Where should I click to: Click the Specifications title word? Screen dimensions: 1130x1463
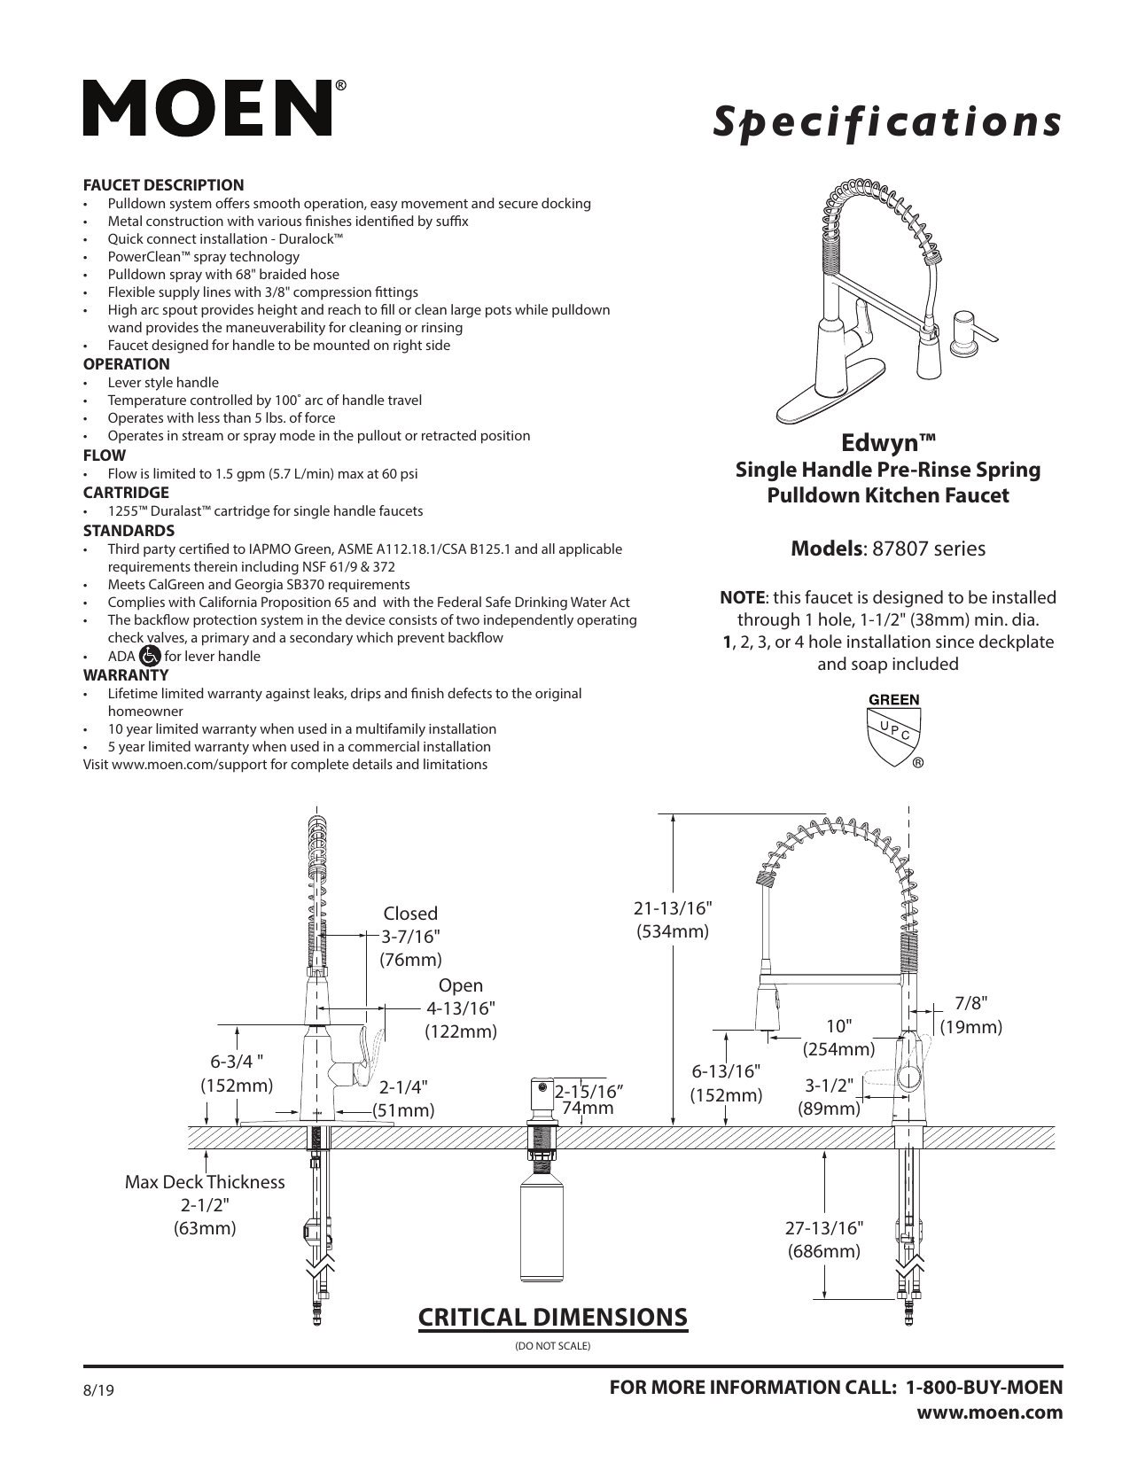(x=888, y=123)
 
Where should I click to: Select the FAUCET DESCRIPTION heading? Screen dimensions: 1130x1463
(x=163, y=185)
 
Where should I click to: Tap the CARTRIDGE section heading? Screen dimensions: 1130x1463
(x=126, y=493)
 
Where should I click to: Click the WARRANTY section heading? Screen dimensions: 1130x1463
(x=125, y=674)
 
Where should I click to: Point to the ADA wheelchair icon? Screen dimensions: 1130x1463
(x=150, y=656)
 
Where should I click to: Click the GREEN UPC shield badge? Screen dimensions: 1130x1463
(x=893, y=730)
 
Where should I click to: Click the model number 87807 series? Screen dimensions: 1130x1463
(x=928, y=549)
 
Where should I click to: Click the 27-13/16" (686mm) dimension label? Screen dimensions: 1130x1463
(x=823, y=1239)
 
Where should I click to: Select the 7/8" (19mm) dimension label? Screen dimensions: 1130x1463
(x=970, y=1015)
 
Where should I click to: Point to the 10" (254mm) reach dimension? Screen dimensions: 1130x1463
(x=838, y=1037)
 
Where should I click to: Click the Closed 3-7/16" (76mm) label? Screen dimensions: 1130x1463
(x=410, y=937)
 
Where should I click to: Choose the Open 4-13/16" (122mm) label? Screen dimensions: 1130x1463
(x=461, y=1008)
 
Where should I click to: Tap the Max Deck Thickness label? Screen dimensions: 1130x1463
(x=205, y=1182)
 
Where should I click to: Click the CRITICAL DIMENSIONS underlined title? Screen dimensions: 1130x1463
(x=552, y=1317)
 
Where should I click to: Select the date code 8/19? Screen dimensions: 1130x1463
(x=99, y=1391)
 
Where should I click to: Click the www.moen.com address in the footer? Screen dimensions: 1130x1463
(x=995, y=1412)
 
